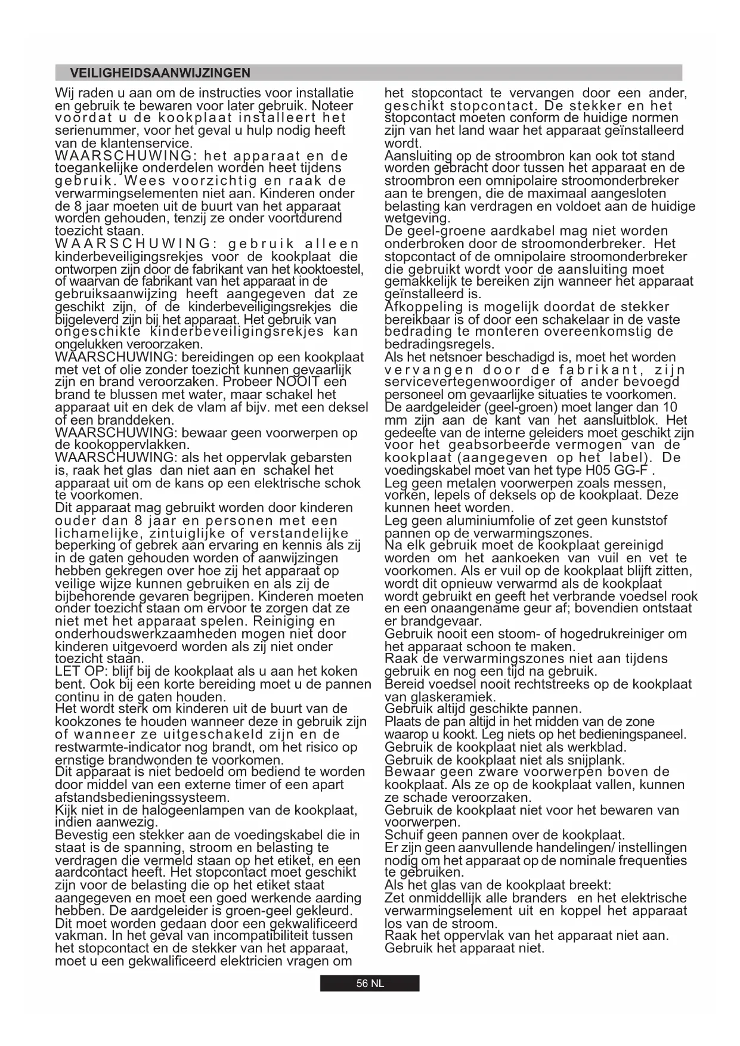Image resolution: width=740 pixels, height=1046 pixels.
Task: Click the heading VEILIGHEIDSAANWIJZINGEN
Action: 160,73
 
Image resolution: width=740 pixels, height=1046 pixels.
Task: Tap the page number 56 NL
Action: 370,983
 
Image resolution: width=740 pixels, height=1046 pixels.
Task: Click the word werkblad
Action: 599,747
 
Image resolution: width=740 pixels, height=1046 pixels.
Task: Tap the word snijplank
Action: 597,760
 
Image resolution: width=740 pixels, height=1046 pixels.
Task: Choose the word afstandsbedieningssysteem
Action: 142,798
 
